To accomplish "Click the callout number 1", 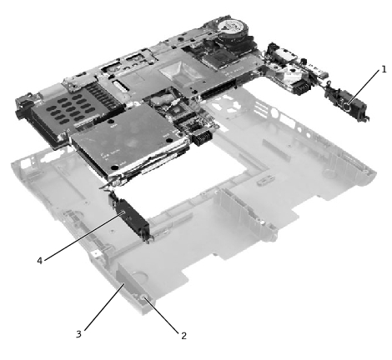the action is click(384, 69).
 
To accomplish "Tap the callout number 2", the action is click(183, 336).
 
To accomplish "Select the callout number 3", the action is click(78, 334).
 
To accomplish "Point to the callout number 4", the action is click(39, 261).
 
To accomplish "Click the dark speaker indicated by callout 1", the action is click(347, 103).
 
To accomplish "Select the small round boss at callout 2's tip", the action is click(143, 297).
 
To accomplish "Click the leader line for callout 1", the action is click(363, 87).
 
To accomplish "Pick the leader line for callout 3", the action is click(103, 307).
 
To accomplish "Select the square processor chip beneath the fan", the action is click(220, 57).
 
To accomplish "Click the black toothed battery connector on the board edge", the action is click(202, 137).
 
